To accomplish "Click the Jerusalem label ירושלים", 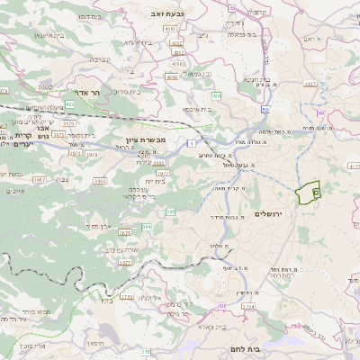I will click(x=269, y=213).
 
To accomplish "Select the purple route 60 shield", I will click(x=320, y=112).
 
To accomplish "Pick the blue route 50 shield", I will click(x=267, y=104).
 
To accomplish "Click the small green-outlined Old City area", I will click(x=309, y=192).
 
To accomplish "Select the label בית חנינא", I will click(x=256, y=79).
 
